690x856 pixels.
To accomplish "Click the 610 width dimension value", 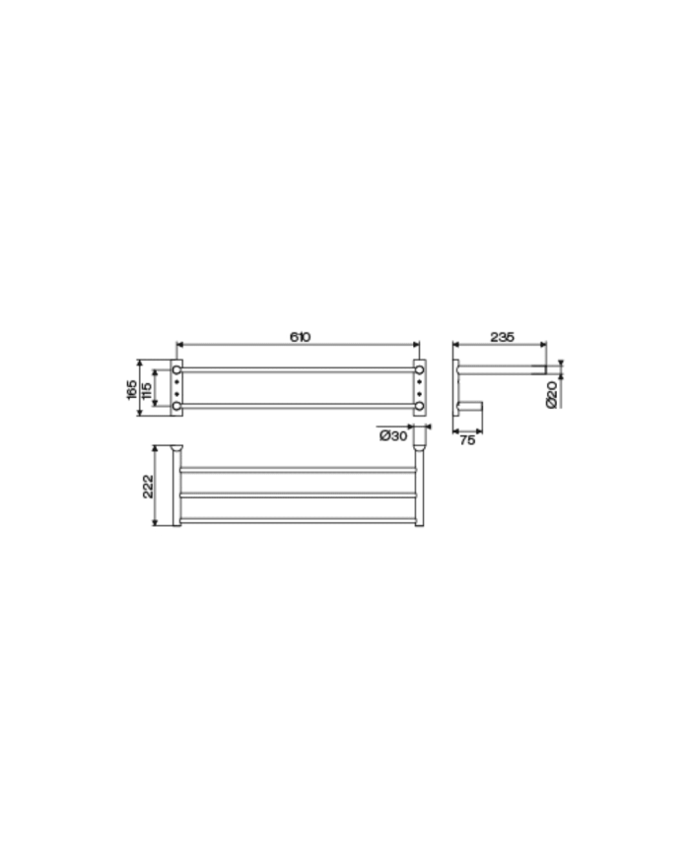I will pos(300,337).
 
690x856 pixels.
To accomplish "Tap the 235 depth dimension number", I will pos(502,337).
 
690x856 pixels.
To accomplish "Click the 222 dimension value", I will pos(148,486).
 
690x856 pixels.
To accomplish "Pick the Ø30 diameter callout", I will pos(392,435).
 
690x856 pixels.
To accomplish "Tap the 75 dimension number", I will pos(467,441).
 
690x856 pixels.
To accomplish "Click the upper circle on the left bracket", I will pos(177,369).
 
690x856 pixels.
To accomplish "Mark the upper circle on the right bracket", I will pos(420,369).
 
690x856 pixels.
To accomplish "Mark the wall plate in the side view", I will pos(454,386).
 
